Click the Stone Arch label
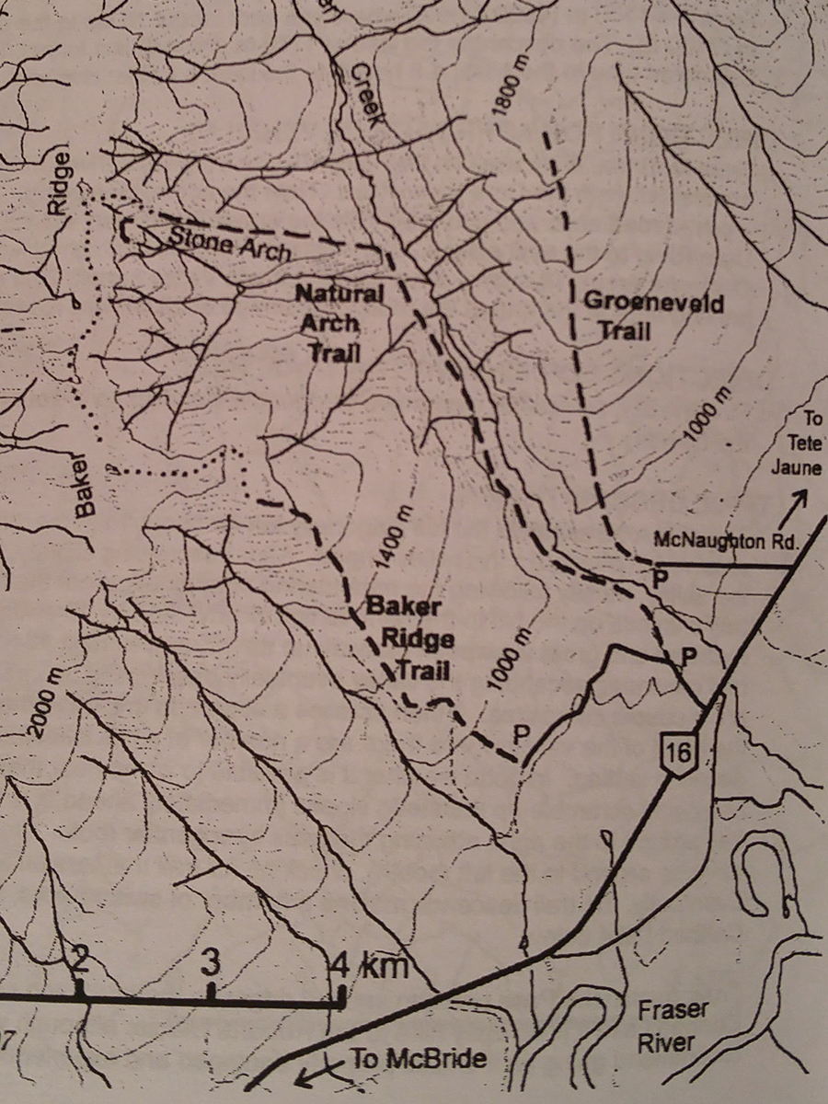pyautogui.click(x=231, y=243)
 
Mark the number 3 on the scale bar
pyautogui.click(x=211, y=962)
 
